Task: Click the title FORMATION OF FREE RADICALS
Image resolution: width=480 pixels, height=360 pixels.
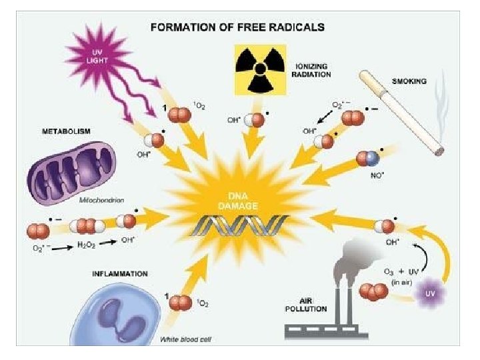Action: (237, 27)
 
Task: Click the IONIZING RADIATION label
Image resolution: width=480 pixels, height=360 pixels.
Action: (313, 71)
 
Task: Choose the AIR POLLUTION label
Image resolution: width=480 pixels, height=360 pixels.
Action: (305, 305)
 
